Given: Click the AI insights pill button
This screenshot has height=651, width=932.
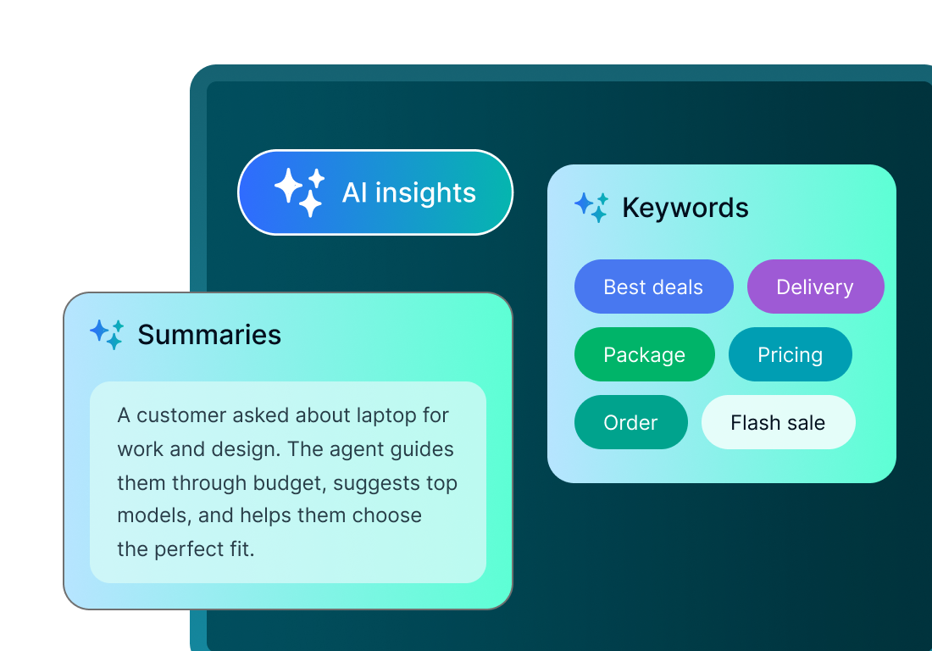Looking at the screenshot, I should pyautogui.click(x=375, y=192).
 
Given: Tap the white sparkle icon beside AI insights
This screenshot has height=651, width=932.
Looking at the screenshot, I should pyautogui.click(x=299, y=192).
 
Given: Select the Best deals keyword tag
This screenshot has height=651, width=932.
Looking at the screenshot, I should pyautogui.click(x=653, y=287).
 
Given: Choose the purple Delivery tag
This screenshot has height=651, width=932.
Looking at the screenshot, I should pyautogui.click(x=815, y=287).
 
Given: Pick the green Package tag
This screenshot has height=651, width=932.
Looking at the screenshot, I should pyautogui.click(x=644, y=354).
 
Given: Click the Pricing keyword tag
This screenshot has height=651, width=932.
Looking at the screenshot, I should pyautogui.click(x=790, y=354).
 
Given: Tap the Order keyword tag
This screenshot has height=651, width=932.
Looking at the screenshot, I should pyautogui.click(x=630, y=422).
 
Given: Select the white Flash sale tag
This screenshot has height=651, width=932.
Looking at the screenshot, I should pyautogui.click(x=778, y=422).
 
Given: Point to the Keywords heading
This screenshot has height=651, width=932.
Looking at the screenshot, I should pyautogui.click(x=685, y=208).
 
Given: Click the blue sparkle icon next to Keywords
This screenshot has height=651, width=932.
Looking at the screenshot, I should pyautogui.click(x=591, y=207).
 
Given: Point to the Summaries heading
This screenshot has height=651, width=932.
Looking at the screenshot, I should pyautogui.click(x=209, y=335).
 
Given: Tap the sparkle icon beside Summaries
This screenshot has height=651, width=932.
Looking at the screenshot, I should pyautogui.click(x=108, y=334).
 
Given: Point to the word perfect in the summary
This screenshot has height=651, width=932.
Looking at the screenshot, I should pyautogui.click(x=191, y=549).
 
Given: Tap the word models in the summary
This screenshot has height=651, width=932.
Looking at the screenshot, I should pyautogui.click(x=150, y=516).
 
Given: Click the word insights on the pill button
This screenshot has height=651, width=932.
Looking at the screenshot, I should pyautogui.click(x=425, y=193).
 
